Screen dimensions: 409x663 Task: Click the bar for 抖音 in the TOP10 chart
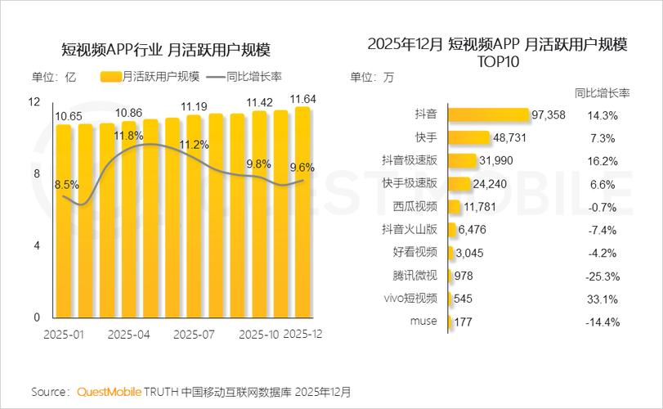tap(488, 115)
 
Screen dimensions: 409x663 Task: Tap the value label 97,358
tap(548, 115)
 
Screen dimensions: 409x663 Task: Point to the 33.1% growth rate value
tap(603, 299)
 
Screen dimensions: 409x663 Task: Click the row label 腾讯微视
tap(415, 276)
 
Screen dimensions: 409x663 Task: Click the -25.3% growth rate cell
tap(603, 276)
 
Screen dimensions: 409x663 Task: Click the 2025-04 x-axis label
tap(128, 335)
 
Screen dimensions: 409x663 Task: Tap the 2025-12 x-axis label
tap(303, 335)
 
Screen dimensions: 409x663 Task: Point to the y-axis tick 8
tap(36, 173)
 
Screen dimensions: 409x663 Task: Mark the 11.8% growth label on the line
tap(129, 135)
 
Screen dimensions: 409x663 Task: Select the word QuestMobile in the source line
tap(110, 392)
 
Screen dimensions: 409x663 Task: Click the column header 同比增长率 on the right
tap(602, 92)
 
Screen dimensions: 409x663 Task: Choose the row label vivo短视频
tap(410, 299)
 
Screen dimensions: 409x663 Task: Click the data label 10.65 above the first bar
tap(69, 117)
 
